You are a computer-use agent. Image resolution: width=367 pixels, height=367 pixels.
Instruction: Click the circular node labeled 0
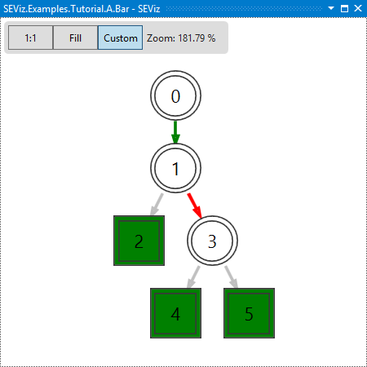click(x=175, y=95)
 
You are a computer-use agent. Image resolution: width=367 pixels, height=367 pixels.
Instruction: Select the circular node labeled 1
click(x=175, y=168)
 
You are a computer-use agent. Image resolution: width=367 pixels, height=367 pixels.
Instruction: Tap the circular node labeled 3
click(x=212, y=241)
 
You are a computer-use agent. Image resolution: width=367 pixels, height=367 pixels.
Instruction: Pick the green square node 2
click(x=139, y=241)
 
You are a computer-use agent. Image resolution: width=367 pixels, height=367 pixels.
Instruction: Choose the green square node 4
click(x=175, y=313)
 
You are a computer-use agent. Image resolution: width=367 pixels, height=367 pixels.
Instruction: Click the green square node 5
click(x=249, y=313)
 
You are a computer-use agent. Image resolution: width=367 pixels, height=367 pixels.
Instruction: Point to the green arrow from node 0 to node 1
click(x=175, y=132)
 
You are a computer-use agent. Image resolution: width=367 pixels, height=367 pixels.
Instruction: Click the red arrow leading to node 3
click(x=195, y=206)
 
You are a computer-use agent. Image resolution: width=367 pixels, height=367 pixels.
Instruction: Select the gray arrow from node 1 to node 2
click(x=157, y=205)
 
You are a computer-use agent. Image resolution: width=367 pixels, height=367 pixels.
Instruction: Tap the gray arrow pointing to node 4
click(x=193, y=277)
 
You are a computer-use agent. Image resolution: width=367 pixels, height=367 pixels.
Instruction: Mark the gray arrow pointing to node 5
click(x=232, y=277)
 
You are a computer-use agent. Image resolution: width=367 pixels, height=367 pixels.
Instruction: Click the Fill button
click(x=75, y=38)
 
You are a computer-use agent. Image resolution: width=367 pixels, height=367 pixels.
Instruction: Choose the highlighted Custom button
click(x=120, y=38)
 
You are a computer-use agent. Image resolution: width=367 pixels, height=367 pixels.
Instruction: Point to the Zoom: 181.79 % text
click(x=181, y=38)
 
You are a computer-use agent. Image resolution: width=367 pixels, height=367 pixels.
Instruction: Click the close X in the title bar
click(x=358, y=8)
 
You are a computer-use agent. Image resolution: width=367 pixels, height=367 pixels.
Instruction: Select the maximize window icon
click(x=344, y=8)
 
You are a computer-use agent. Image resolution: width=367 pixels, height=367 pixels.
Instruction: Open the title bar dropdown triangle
click(x=331, y=8)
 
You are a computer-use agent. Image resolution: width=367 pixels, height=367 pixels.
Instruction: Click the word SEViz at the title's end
click(x=148, y=9)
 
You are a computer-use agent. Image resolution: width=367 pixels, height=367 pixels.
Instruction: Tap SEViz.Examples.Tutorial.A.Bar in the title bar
click(x=66, y=9)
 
